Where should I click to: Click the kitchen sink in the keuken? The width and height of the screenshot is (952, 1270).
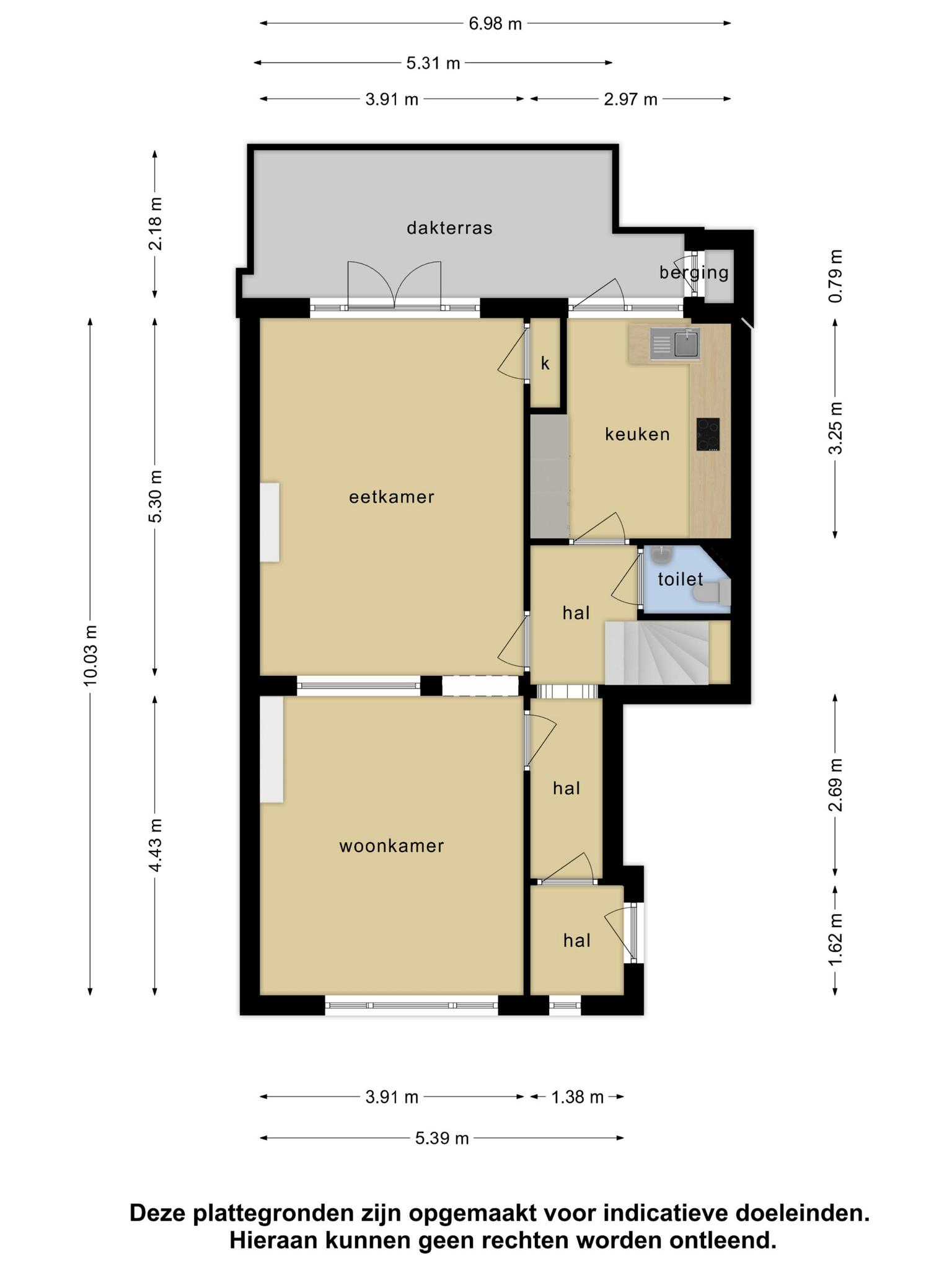tap(675, 344)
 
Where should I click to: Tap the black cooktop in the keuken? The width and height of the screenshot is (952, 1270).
tap(708, 434)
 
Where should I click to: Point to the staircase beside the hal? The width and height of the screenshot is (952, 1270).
tap(656, 654)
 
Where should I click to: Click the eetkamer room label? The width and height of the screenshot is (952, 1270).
tap(392, 497)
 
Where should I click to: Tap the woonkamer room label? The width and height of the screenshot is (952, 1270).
tap(392, 846)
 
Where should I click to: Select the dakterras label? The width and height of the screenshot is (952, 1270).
tap(449, 228)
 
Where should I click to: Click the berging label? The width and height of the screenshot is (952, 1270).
tap(694, 272)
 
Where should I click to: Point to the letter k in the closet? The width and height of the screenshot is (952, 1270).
tap(545, 363)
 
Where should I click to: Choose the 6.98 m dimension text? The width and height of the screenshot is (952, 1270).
tap(495, 24)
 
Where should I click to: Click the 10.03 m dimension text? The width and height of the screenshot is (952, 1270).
tap(90, 656)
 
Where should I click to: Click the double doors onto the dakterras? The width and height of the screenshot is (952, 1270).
tap(394, 285)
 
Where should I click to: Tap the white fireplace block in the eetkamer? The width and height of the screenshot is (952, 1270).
tap(269, 523)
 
